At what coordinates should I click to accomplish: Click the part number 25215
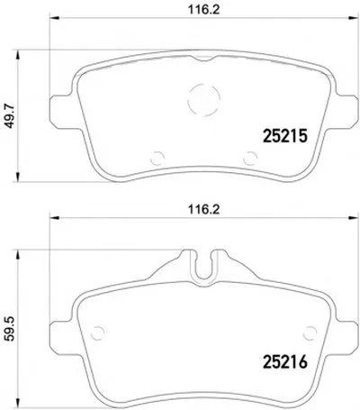[285, 136]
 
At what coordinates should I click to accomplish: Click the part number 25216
[285, 361]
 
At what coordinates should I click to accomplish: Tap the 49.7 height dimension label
[11, 115]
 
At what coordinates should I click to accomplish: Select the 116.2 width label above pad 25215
[204, 9]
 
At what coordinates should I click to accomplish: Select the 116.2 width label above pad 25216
[204, 209]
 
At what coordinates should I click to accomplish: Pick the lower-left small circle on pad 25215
[151, 158]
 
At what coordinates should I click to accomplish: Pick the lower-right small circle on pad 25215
[243, 158]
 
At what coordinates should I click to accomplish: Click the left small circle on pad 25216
[91, 333]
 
